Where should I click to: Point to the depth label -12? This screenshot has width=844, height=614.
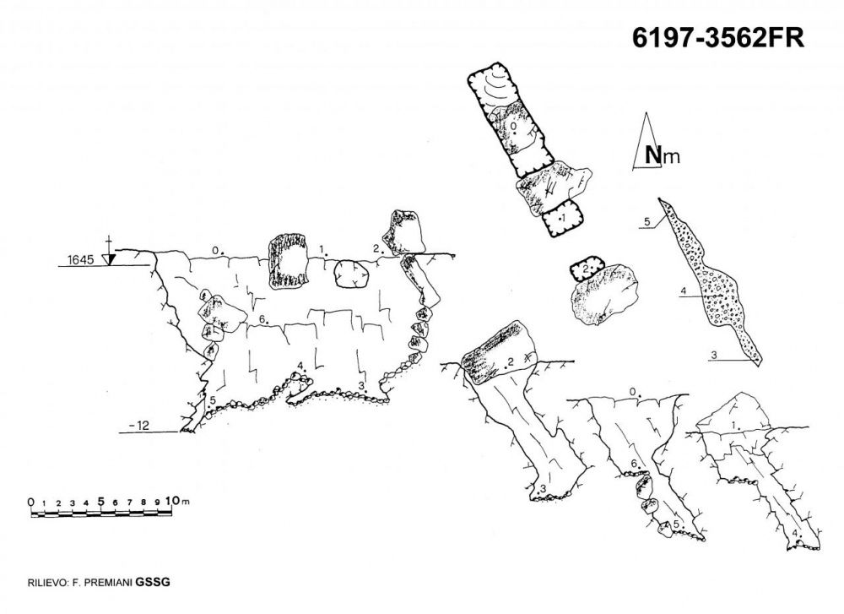(138, 426)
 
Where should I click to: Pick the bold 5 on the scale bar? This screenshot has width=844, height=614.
(101, 501)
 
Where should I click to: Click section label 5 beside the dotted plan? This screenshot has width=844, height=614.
(647, 222)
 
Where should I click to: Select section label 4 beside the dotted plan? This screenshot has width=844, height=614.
(683, 292)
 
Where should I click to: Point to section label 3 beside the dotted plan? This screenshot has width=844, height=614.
(714, 356)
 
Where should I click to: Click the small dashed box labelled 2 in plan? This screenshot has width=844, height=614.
(585, 269)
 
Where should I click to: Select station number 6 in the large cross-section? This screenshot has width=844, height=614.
(263, 319)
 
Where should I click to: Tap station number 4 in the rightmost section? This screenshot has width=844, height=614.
(797, 534)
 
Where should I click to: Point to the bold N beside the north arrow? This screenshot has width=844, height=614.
(653, 155)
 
